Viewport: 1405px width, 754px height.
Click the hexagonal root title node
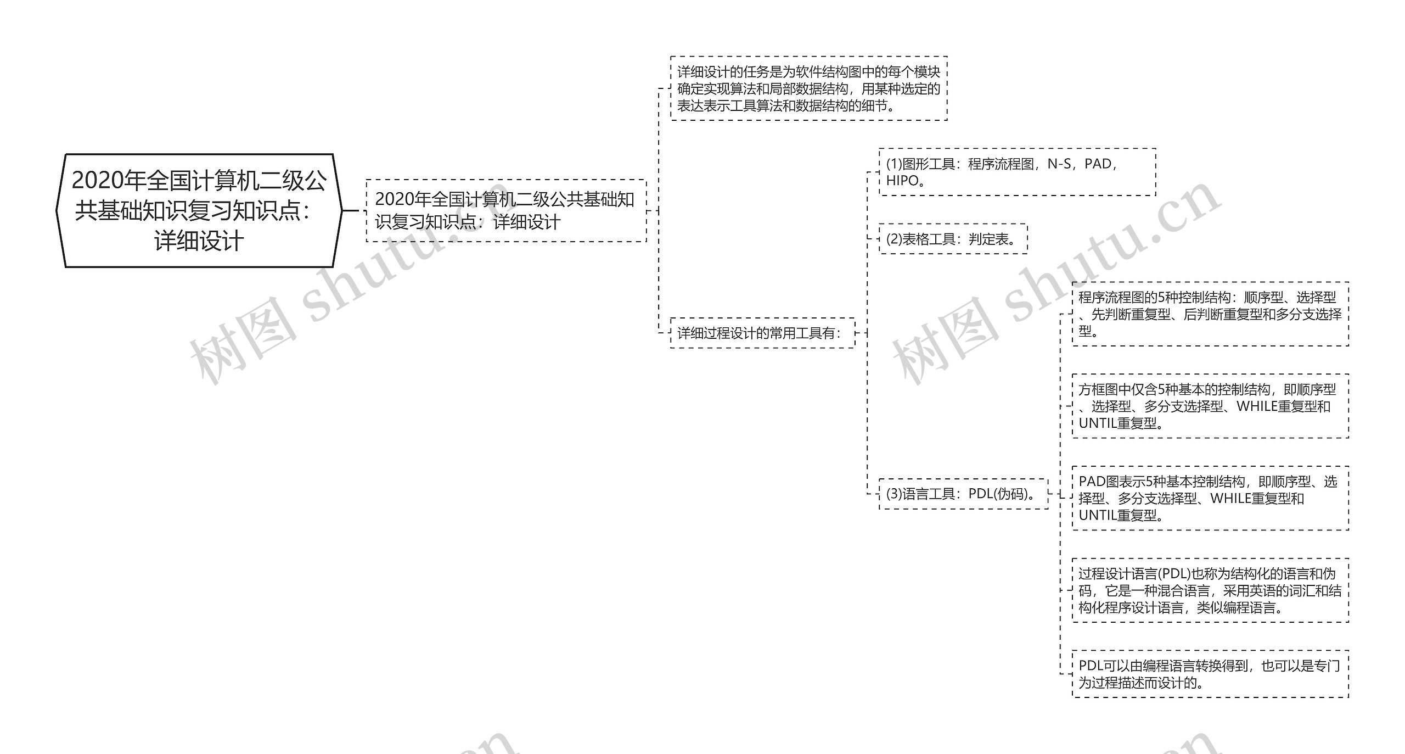coord(199,211)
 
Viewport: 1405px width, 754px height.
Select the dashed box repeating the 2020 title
coord(505,211)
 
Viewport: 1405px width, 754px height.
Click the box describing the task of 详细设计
coord(808,88)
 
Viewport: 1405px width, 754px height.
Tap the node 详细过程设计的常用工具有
coord(762,333)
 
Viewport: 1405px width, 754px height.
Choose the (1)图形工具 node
coord(1017,172)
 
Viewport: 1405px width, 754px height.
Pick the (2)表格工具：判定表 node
coord(953,239)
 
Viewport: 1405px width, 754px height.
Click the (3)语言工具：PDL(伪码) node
coord(963,494)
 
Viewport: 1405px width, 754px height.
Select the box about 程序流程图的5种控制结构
coord(1210,314)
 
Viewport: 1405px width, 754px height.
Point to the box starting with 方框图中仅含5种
coord(1210,406)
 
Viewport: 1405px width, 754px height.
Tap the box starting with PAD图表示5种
coord(1210,498)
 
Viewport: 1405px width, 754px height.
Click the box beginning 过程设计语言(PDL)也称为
coord(1210,590)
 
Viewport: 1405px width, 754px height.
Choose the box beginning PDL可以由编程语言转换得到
coord(1210,674)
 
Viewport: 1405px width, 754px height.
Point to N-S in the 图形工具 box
coord(1059,164)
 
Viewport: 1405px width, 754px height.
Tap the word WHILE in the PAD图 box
coord(1229,498)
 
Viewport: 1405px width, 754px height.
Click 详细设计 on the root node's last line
coord(199,242)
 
